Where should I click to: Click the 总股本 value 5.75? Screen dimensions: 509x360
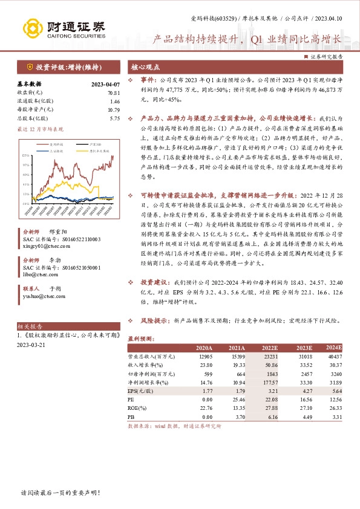pos(115,119)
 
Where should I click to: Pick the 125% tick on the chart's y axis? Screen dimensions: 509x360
pos(25,155)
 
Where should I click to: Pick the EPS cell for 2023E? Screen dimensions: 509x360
pos(304,391)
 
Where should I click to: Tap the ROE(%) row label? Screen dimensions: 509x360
pos(139,408)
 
